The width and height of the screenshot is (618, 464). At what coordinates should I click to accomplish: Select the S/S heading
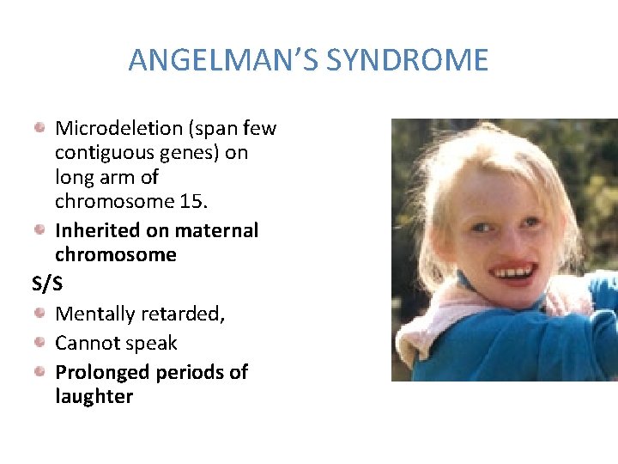46,283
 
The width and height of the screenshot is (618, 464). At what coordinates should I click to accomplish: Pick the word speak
153,344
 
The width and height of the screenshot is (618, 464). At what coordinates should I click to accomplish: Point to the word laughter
94,396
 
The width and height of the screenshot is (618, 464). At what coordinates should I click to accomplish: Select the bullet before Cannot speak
40,343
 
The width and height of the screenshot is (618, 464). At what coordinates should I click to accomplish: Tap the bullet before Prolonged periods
40,371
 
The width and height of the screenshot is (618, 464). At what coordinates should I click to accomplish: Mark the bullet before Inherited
40,229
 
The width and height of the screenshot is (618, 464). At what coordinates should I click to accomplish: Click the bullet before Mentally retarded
40,314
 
